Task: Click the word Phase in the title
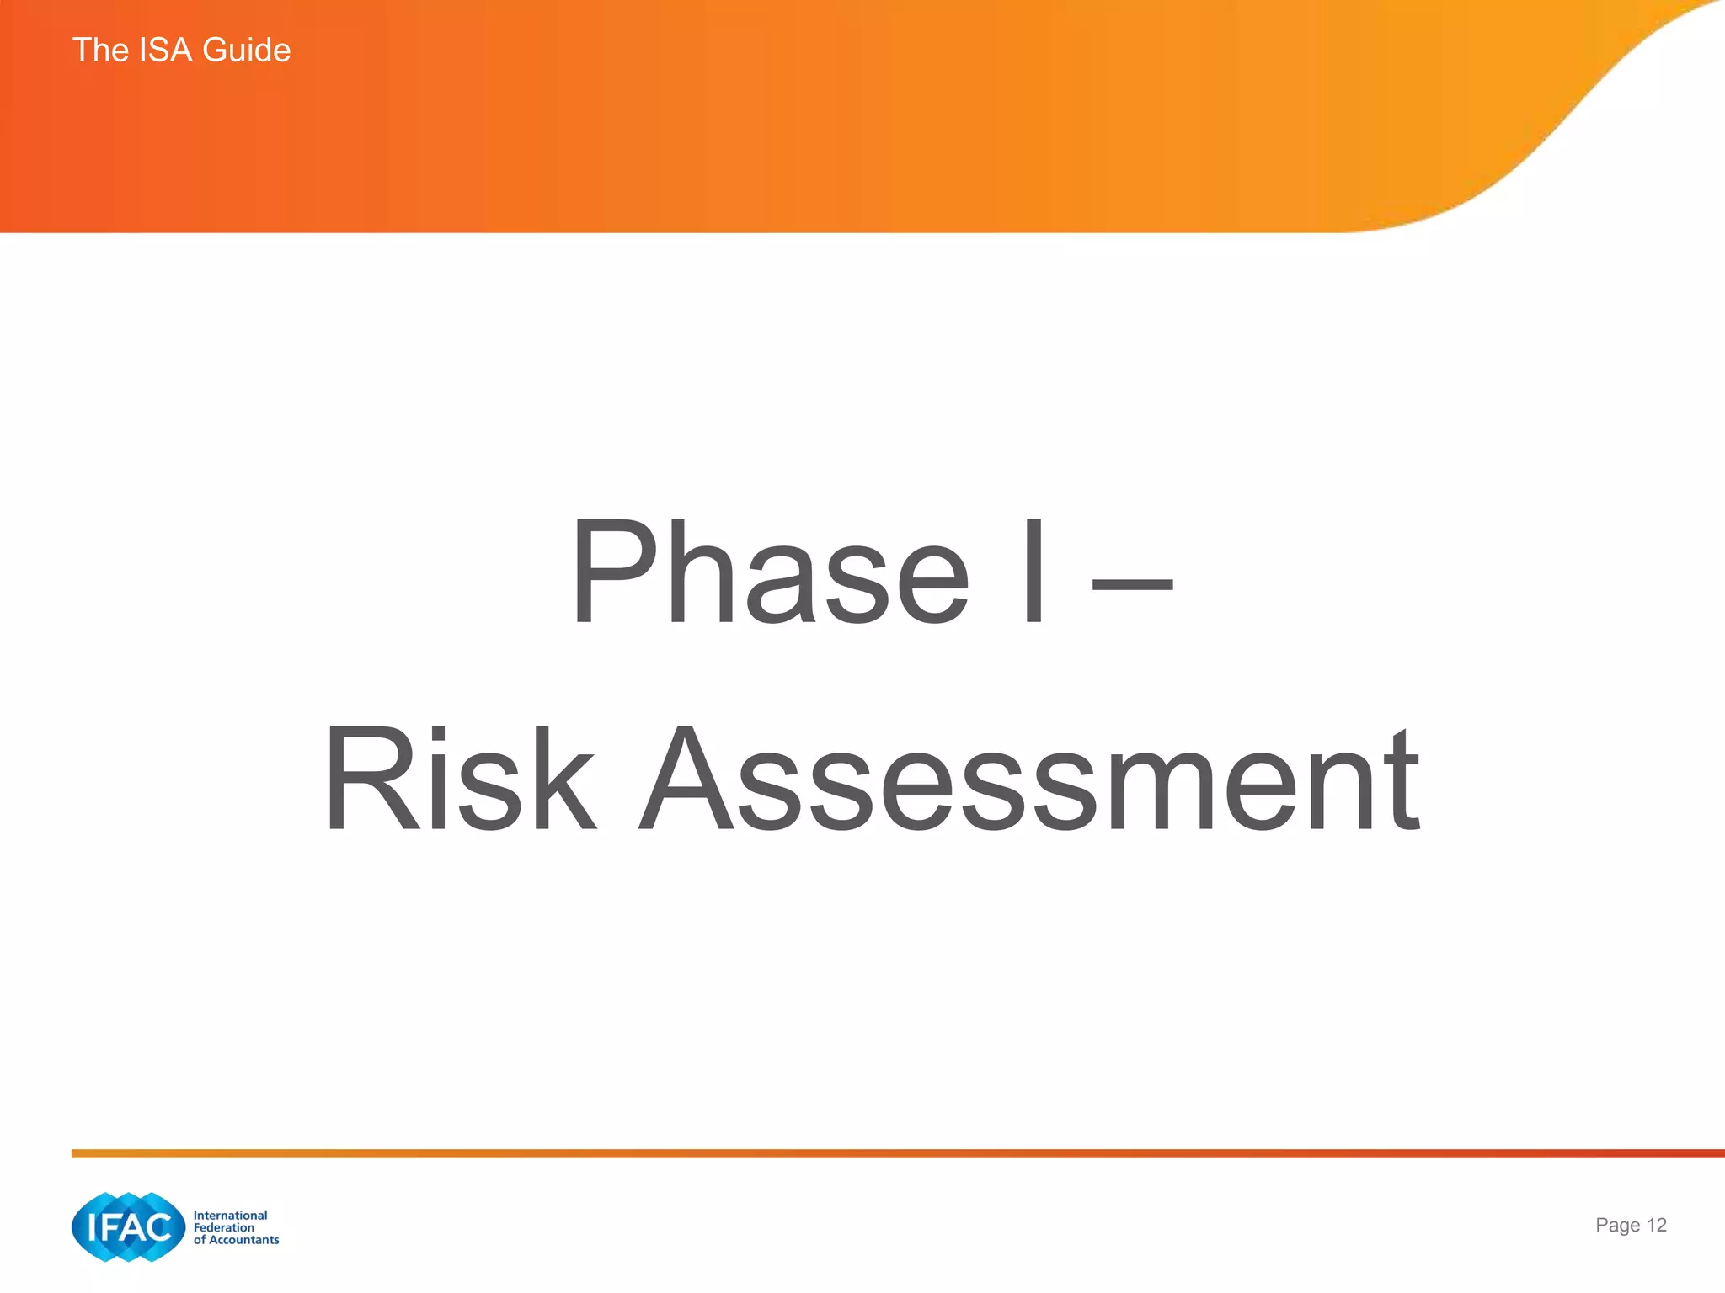pyautogui.click(x=771, y=572)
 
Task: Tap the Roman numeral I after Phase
pyautogui.click(x=1035, y=572)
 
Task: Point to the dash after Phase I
pyautogui.click(x=1132, y=580)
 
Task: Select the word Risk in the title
pyautogui.click(x=459, y=780)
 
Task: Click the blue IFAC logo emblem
pyautogui.click(x=128, y=1226)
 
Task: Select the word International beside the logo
pyautogui.click(x=230, y=1215)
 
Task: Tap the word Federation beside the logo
pyautogui.click(x=223, y=1227)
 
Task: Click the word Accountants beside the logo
pyautogui.click(x=243, y=1240)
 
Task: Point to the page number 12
pyautogui.click(x=1656, y=1225)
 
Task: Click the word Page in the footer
pyautogui.click(x=1617, y=1226)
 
